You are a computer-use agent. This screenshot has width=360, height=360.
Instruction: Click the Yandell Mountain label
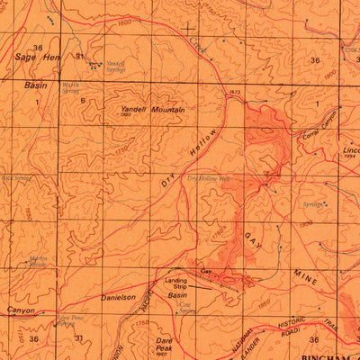152,110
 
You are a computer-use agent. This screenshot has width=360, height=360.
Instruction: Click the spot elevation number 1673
236,93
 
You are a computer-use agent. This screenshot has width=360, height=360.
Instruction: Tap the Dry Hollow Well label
209,179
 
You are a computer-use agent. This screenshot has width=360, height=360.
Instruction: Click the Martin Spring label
38,262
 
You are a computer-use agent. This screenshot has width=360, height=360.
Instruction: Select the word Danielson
118,295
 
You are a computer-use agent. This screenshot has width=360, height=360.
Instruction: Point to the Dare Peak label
163,345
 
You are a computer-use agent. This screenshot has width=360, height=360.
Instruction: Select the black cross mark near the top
188,30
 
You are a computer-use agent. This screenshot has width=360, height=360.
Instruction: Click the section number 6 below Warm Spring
82,101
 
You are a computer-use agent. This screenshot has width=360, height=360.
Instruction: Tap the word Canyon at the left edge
21,310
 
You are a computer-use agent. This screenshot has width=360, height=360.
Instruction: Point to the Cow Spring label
186,309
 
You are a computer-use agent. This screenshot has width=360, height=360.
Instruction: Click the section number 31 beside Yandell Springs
79,57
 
